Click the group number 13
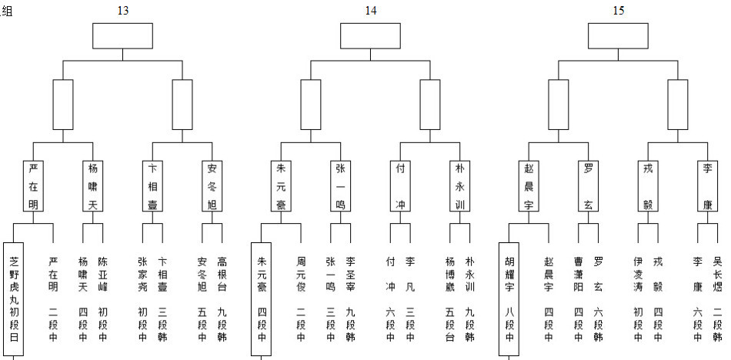tap(123, 11)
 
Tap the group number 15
tap(619, 11)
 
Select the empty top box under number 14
tap(370, 35)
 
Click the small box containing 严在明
tap(33, 185)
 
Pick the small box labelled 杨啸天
tap(92, 185)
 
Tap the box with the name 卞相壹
tap(152, 185)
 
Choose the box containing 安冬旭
tap(212, 185)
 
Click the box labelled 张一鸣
tap(341, 185)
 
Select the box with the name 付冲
tap(400, 185)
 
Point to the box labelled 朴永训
tap(460, 185)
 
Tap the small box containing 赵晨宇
tap(529, 185)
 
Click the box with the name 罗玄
tap(589, 185)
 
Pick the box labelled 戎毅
tap(648, 185)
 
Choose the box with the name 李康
tap(708, 185)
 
